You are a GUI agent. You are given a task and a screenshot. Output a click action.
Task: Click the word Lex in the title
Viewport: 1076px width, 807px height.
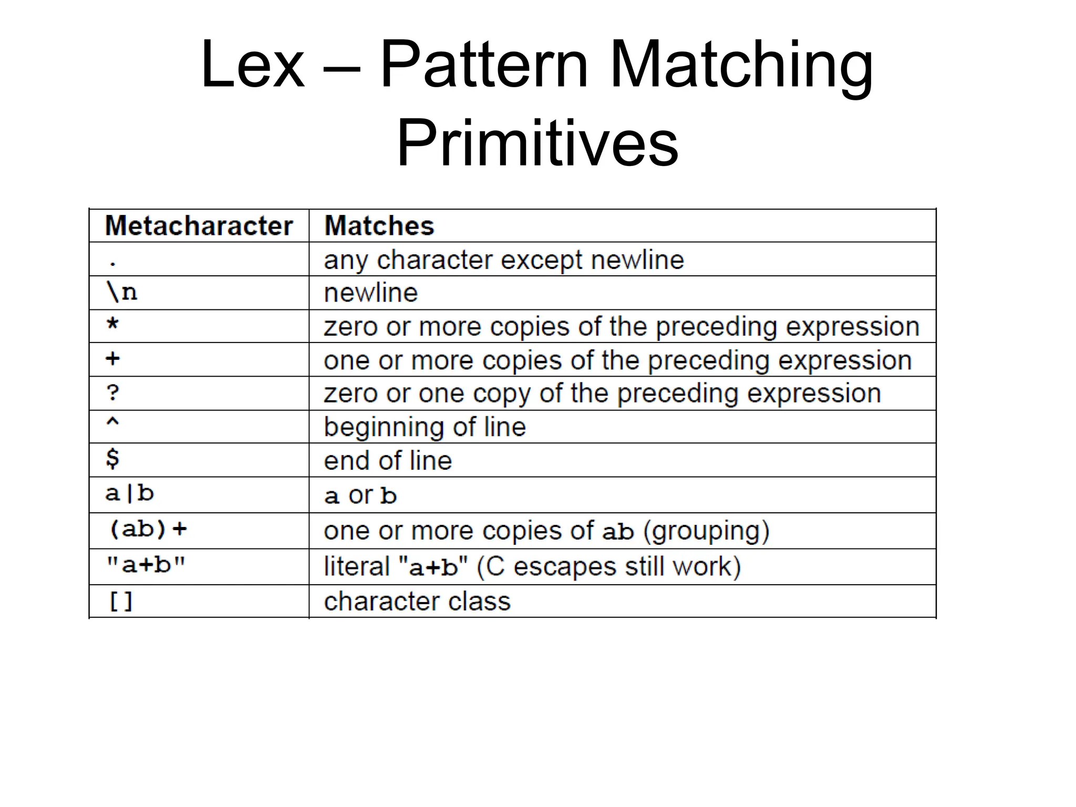tap(252, 65)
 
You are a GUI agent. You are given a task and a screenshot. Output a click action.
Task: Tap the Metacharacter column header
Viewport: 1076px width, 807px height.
tap(199, 226)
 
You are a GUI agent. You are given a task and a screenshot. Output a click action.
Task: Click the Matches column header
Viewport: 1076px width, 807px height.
tap(379, 226)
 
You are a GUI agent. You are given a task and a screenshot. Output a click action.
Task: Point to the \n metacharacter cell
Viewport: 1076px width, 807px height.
tap(122, 292)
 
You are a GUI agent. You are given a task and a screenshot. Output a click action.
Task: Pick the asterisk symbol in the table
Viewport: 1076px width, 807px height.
tap(112, 324)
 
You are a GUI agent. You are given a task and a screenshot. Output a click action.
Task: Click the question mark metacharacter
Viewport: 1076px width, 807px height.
tap(112, 392)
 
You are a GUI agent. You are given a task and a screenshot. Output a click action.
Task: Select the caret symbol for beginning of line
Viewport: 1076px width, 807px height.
tap(112, 422)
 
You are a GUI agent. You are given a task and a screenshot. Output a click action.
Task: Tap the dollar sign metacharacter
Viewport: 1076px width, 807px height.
tap(112, 458)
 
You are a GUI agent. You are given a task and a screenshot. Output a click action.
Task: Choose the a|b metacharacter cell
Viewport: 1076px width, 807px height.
tap(129, 493)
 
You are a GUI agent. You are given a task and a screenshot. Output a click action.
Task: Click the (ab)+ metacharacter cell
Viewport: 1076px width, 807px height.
tap(148, 529)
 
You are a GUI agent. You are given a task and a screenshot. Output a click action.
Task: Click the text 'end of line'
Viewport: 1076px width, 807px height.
tap(388, 461)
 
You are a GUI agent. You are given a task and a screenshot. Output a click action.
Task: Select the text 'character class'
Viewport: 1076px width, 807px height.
tap(417, 601)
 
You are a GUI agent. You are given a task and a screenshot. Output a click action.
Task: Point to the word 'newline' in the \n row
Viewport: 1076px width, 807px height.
tap(371, 293)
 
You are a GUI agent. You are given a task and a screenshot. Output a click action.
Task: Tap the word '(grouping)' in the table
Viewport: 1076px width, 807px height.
tap(706, 531)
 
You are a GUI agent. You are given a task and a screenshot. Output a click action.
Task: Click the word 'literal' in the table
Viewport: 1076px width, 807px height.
tap(357, 566)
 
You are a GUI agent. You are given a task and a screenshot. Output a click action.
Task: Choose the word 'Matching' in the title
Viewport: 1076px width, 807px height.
tap(741, 66)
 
